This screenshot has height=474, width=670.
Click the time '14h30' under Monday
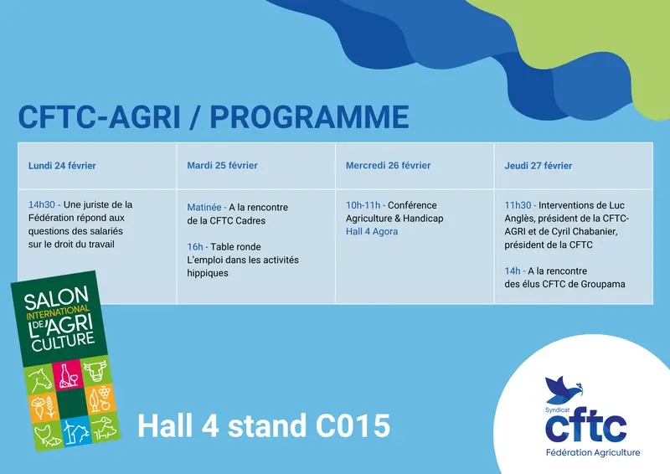tap(41, 204)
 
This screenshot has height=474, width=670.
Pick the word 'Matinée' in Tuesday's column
tap(204, 208)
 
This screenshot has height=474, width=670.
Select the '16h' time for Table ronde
tap(195, 247)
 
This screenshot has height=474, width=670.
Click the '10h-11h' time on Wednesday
tap(363, 205)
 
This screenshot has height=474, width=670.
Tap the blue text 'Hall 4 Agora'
tap(372, 232)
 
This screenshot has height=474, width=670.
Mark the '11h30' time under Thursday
tap(518, 205)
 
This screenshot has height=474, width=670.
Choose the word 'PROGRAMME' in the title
tap(309, 116)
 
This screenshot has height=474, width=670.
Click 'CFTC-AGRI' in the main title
tap(99, 116)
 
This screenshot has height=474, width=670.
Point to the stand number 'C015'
tap(353, 425)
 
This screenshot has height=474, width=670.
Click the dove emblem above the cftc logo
tap(563, 389)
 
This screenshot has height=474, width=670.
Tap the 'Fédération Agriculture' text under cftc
tap(593, 452)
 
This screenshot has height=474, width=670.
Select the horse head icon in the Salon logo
tap(39, 379)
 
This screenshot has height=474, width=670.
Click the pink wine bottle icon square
tap(68, 374)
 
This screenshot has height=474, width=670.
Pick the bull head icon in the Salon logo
tap(95, 370)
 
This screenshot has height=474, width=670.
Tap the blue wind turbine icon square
tap(76, 431)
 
